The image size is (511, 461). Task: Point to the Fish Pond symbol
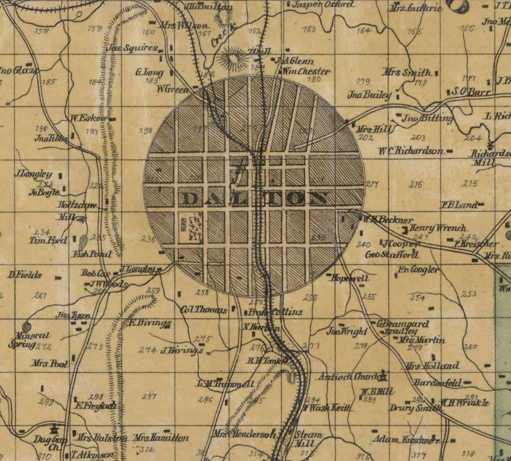point(83,241)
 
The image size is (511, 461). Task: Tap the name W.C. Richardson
point(410,151)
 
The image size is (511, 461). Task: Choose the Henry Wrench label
point(437,228)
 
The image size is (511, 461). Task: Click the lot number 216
point(415,185)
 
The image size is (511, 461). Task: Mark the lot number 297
point(150,397)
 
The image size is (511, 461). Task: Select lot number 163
point(309,30)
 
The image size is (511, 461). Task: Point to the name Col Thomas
point(204,310)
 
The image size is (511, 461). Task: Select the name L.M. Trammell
point(225,384)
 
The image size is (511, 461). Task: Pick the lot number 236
point(148,239)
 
